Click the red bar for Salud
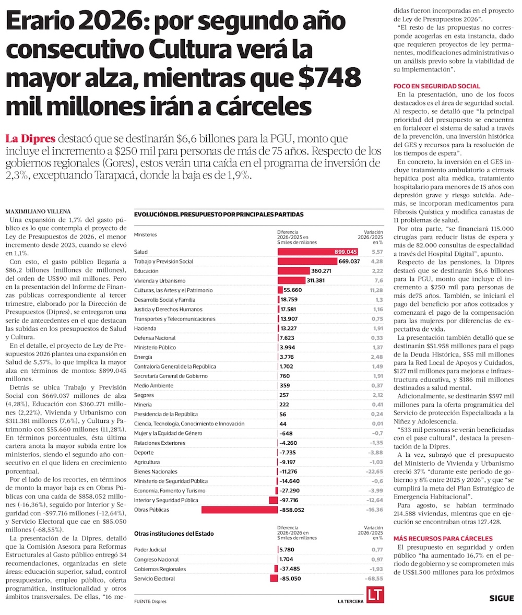coord(317,252)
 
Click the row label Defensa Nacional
coord(155,338)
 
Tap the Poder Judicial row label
coord(150,550)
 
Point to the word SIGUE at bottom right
coord(502,598)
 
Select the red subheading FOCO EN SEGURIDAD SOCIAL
coord(436,86)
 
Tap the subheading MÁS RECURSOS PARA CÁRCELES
coord(443,538)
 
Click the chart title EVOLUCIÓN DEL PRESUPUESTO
coord(219,215)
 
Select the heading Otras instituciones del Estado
coord(174,534)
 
